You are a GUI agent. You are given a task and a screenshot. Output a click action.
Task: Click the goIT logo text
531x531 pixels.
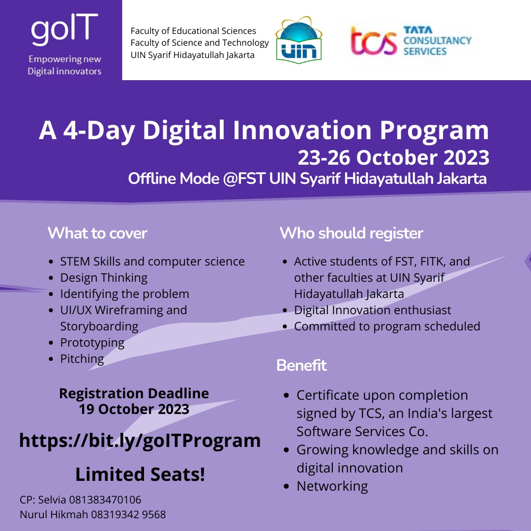[x=64, y=30]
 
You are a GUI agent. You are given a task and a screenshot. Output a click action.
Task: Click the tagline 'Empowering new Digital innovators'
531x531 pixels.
[x=64, y=65]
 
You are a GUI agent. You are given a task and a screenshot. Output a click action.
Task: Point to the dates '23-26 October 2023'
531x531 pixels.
[x=393, y=158]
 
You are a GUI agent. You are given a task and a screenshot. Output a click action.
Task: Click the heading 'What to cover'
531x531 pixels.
[x=97, y=233]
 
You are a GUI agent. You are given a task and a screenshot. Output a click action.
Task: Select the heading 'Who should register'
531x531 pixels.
[x=351, y=233]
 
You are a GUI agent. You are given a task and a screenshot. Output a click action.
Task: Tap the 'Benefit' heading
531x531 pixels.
[x=301, y=366]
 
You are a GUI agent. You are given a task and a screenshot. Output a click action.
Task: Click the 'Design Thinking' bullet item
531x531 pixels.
[x=104, y=278]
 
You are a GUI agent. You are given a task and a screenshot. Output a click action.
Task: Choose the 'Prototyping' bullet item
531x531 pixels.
[x=92, y=343]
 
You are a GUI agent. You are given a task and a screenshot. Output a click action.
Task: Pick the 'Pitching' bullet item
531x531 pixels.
[x=82, y=359]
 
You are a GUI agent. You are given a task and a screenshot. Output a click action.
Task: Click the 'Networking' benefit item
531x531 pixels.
[x=332, y=486]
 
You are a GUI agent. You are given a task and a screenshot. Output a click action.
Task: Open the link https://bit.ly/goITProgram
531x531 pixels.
[x=140, y=441]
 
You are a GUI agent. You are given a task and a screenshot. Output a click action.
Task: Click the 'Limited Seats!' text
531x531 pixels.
[x=140, y=474]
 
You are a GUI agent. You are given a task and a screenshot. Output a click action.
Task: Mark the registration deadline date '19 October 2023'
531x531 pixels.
[x=134, y=409]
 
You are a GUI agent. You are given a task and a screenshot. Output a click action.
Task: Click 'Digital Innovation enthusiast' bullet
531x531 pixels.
[x=372, y=310]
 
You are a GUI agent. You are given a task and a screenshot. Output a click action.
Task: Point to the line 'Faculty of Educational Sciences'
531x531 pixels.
[x=193, y=31]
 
